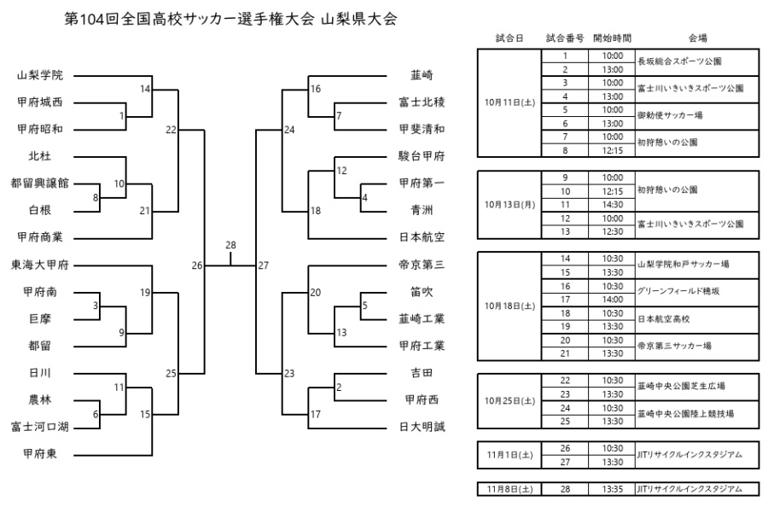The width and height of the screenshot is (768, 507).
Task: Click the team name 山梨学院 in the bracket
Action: coord(41,75)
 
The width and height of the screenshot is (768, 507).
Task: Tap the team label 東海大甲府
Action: coord(41,265)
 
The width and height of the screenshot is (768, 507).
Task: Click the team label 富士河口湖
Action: coord(41,427)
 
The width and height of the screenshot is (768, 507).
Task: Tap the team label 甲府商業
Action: coord(41,237)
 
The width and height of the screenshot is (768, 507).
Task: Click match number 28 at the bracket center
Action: coord(230,246)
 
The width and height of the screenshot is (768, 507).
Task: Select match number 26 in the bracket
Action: coord(197,265)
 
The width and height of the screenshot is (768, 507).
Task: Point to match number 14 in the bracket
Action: coord(145,89)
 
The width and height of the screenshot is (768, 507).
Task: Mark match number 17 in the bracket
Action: coord(316,414)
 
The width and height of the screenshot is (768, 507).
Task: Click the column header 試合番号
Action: coord(564,38)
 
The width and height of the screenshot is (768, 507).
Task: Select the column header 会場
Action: coord(696,38)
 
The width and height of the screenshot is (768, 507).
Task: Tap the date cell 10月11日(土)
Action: coord(509,102)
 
